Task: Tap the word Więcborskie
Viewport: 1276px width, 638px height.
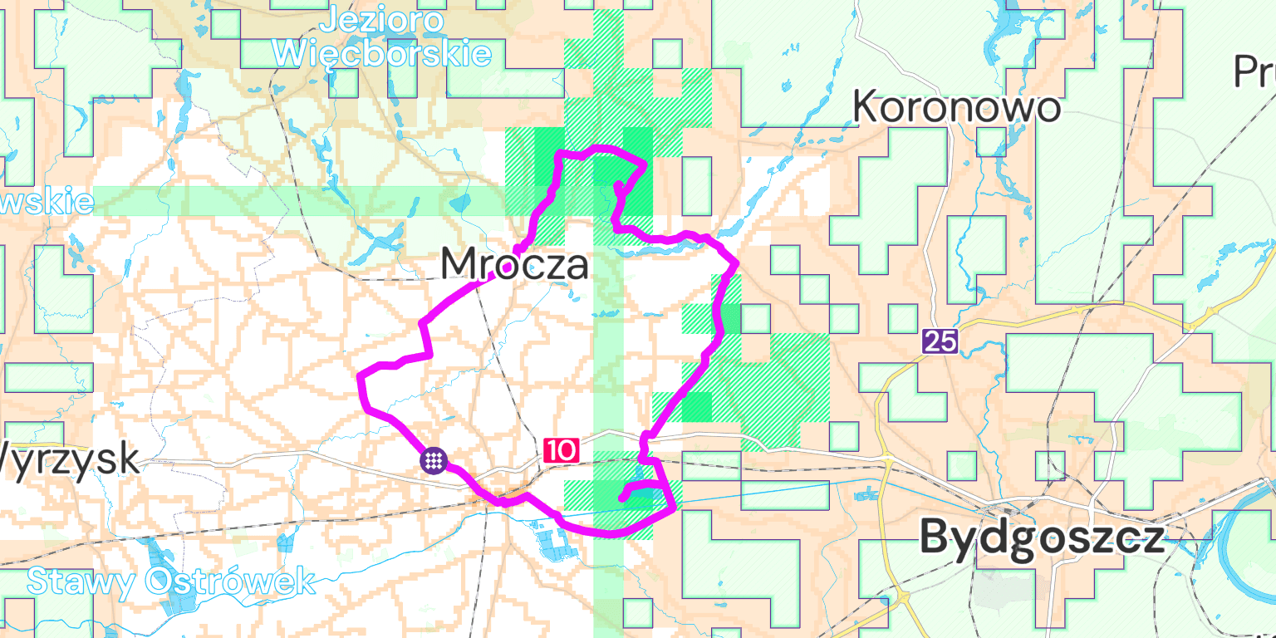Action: pyautogui.click(x=382, y=53)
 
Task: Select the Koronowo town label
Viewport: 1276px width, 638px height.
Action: pyautogui.click(x=956, y=108)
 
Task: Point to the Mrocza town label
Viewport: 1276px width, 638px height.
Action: pyautogui.click(x=514, y=265)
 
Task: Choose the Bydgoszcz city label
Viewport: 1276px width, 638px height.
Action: pyautogui.click(x=1042, y=537)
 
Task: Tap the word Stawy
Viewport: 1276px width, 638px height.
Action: pyautogui.click(x=81, y=581)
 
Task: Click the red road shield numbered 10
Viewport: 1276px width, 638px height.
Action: pyautogui.click(x=561, y=450)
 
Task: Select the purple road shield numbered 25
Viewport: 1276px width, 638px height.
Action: pyautogui.click(x=940, y=341)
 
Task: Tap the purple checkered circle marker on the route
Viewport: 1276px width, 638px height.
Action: pyautogui.click(x=434, y=459)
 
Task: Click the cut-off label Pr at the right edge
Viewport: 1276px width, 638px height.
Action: pyautogui.click(x=1254, y=73)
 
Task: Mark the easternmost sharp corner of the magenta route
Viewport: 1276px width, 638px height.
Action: pyautogui.click(x=738, y=265)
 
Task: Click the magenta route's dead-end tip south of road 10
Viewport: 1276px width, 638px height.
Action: pyautogui.click(x=621, y=498)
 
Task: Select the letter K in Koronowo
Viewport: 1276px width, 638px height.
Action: pyautogui.click(x=868, y=108)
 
